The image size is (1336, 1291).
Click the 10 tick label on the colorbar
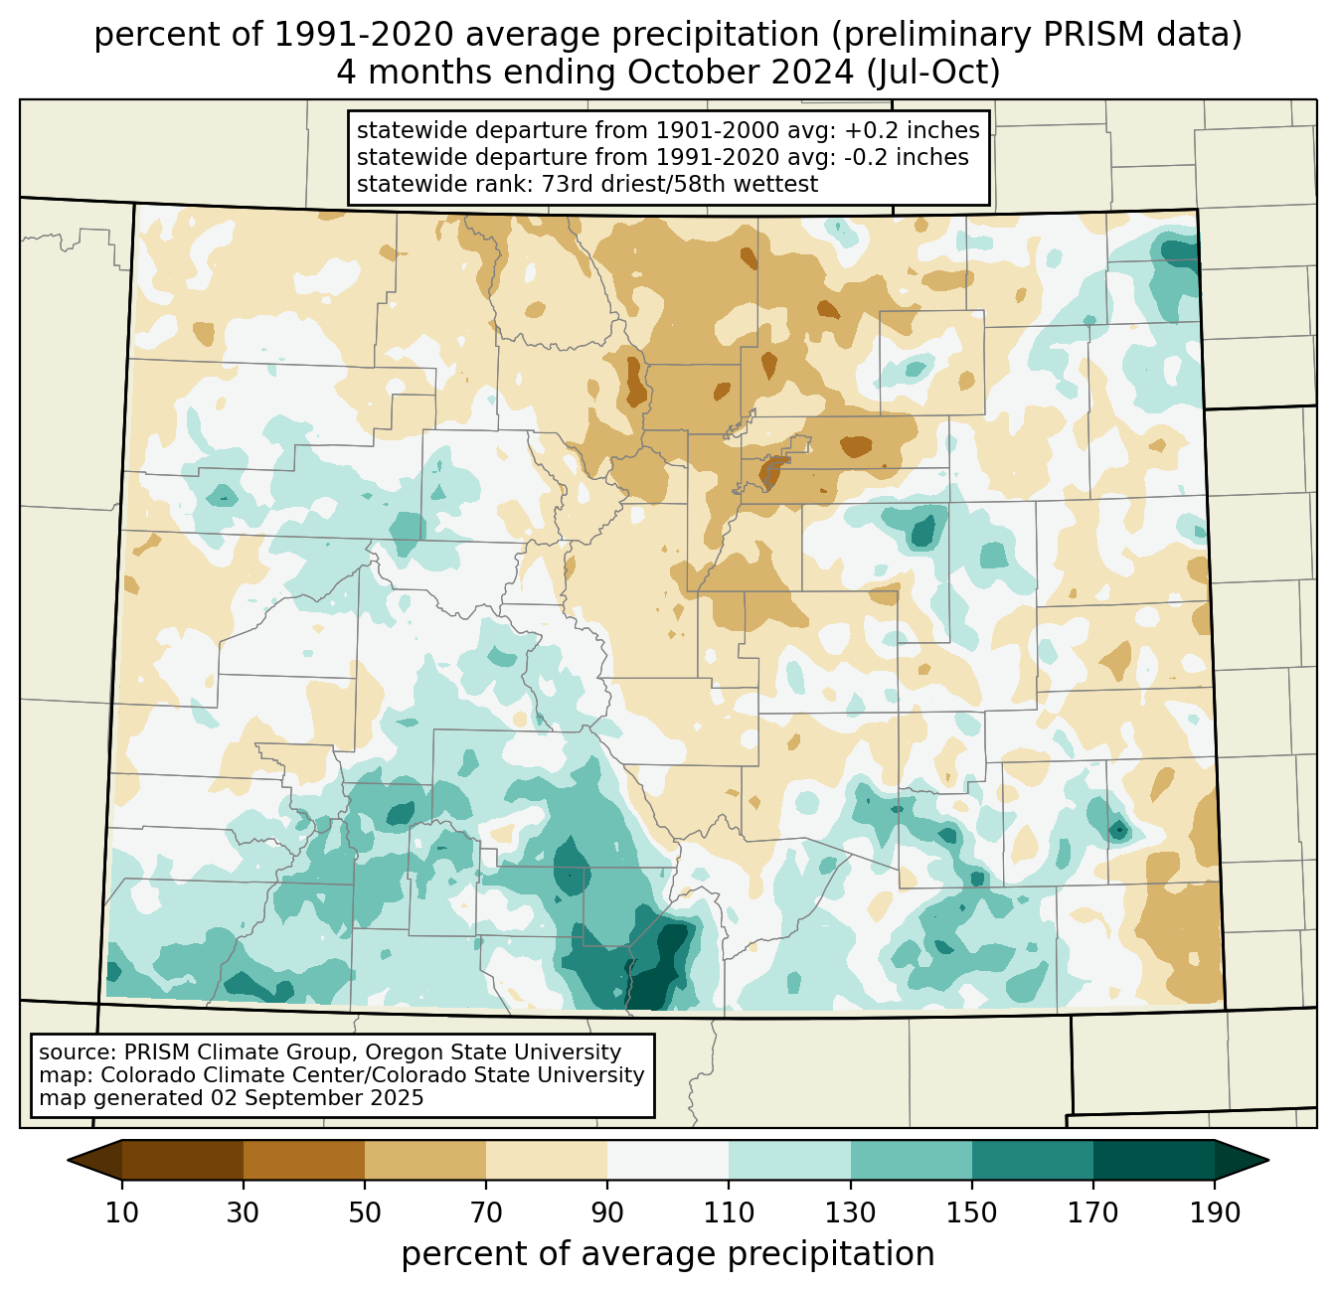click(121, 1212)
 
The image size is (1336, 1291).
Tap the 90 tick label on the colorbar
click(607, 1212)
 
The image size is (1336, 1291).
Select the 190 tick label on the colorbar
click(1215, 1212)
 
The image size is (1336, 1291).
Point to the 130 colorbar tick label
click(850, 1212)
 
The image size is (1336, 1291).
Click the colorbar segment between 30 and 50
click(303, 1160)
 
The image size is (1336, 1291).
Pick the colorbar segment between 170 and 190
click(1153, 1160)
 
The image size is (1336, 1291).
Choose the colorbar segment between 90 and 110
click(668, 1160)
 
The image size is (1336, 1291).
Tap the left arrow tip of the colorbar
click(68, 1161)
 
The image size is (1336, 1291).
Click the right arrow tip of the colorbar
click(1268, 1161)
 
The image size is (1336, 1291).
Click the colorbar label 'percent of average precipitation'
click(667, 1254)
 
